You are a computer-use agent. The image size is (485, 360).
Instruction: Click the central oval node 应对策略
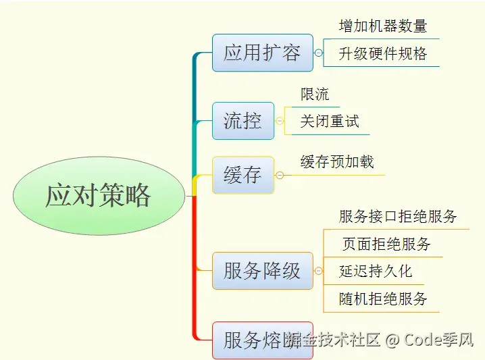point(99,196)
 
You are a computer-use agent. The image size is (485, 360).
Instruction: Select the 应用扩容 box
point(262,53)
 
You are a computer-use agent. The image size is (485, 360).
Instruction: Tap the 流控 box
point(242,121)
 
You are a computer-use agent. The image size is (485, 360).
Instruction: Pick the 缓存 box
point(242,175)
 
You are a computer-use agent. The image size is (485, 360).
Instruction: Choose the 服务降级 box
point(262,271)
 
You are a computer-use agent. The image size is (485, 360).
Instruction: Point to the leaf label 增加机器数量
point(382,26)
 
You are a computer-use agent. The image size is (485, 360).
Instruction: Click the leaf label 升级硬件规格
point(382,53)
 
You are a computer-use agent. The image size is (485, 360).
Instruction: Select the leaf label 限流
point(315,94)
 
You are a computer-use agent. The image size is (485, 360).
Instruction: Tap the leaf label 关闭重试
point(329,122)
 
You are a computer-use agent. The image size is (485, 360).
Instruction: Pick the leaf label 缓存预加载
point(336,162)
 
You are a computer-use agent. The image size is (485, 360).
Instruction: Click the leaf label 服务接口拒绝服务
point(398,217)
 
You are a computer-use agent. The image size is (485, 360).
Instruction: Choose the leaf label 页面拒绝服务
point(386,244)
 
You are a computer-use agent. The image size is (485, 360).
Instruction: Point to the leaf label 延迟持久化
point(375,272)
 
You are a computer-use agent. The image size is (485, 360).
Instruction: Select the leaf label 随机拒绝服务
point(383,299)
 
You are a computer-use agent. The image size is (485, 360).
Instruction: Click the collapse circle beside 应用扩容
point(318,53)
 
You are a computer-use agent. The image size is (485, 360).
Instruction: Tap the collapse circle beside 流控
point(279,121)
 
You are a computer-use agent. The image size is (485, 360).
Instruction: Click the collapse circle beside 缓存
point(279,175)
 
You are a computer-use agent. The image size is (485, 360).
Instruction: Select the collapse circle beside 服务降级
point(318,271)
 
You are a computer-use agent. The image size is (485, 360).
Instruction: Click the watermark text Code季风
point(438,340)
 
